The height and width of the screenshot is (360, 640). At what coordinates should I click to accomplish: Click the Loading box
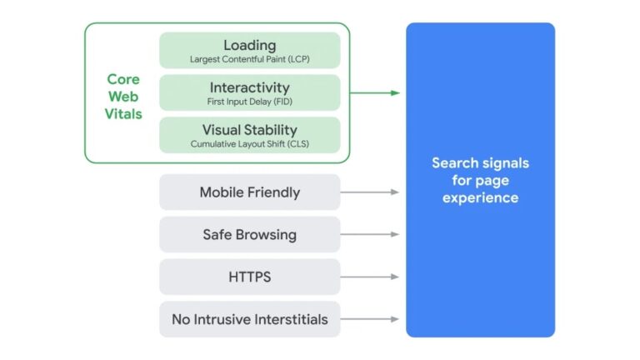[250, 50]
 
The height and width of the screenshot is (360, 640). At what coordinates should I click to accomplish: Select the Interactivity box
[250, 92]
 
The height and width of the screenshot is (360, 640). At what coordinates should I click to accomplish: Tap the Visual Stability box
[250, 135]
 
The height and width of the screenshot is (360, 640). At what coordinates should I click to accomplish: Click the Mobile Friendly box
[250, 192]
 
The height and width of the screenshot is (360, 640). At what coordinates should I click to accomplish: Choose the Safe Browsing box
[250, 235]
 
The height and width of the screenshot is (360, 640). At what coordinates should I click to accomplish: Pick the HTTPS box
[250, 277]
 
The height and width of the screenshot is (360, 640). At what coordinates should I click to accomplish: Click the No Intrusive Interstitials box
[250, 319]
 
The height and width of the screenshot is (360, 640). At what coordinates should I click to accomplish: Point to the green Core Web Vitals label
[123, 97]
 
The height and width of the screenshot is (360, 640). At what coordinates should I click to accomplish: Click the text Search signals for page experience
[480, 180]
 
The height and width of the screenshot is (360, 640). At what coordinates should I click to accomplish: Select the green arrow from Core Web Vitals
[375, 92]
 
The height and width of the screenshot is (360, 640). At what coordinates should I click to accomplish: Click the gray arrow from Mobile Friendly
[370, 192]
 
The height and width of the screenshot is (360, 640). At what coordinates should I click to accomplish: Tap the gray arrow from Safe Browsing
[370, 235]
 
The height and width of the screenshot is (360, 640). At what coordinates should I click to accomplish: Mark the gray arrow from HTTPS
[370, 277]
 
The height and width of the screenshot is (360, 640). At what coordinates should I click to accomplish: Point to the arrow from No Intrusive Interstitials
[370, 319]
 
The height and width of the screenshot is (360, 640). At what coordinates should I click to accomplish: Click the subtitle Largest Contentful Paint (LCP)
[250, 59]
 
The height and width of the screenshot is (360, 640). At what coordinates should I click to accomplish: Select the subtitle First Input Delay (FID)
[250, 102]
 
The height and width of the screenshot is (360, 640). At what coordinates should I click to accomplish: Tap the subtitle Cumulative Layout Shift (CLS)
[250, 144]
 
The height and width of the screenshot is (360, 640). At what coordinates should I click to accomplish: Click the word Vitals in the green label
[123, 114]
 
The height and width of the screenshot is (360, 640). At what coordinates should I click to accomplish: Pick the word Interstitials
[287, 319]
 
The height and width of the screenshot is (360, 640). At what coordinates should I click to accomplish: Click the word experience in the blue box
[480, 198]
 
